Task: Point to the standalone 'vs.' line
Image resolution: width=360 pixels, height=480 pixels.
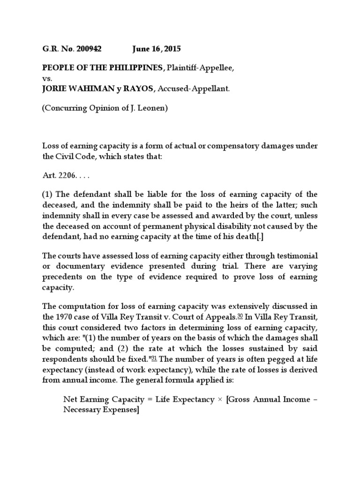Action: click(47, 79)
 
